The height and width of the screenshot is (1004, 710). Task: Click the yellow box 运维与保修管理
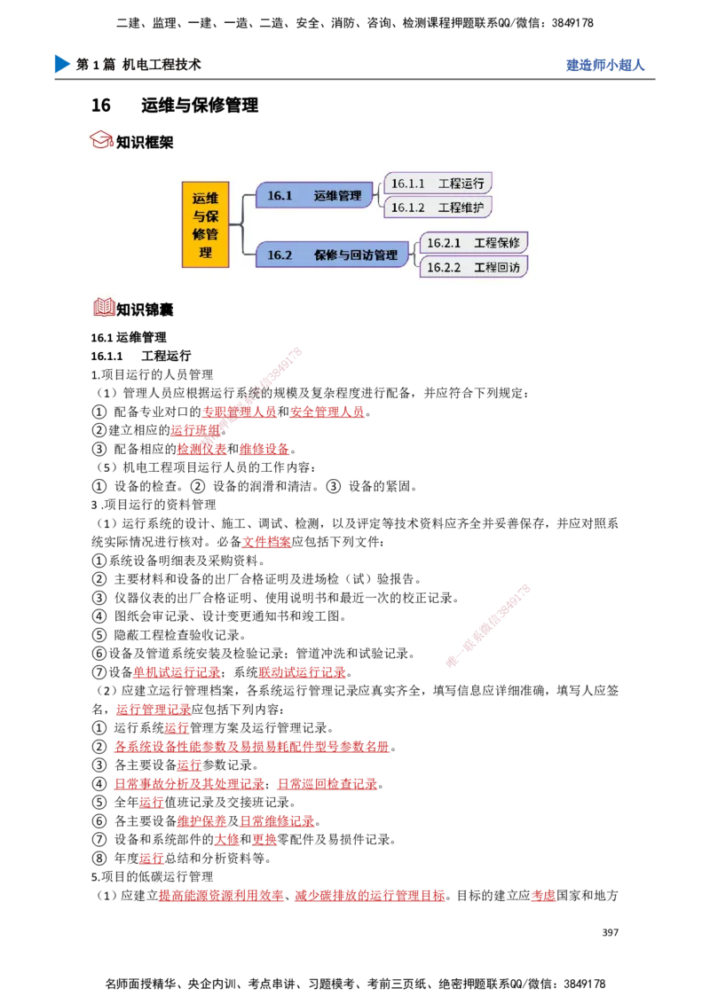point(206,224)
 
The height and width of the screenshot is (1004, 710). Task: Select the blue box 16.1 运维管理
point(314,195)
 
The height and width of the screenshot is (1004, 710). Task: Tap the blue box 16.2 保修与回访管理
point(332,255)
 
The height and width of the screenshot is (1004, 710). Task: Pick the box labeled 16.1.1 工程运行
point(438,183)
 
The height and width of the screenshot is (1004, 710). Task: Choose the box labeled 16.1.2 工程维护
point(438,208)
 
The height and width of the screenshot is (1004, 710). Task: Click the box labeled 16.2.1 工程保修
point(474,243)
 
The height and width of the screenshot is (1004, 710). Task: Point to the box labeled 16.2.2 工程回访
point(474,267)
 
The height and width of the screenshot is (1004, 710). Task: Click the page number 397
point(611,932)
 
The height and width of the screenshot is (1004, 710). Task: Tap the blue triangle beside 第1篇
point(61,64)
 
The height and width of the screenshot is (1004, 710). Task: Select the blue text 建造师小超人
point(605,65)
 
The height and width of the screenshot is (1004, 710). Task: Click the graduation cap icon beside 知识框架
point(101,139)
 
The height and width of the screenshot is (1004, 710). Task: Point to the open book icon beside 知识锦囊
point(104,308)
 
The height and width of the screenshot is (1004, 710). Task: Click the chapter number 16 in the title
point(100,105)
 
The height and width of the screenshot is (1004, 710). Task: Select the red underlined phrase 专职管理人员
point(239,412)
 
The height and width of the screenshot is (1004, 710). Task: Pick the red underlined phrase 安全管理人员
point(327,412)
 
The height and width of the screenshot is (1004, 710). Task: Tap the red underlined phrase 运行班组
point(195,430)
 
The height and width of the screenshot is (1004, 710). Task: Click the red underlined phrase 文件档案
point(266,542)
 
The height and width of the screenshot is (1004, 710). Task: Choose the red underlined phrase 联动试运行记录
point(303,672)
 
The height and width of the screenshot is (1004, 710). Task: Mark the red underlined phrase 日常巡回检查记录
point(327,784)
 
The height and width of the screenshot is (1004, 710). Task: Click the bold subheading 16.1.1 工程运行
point(141,356)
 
